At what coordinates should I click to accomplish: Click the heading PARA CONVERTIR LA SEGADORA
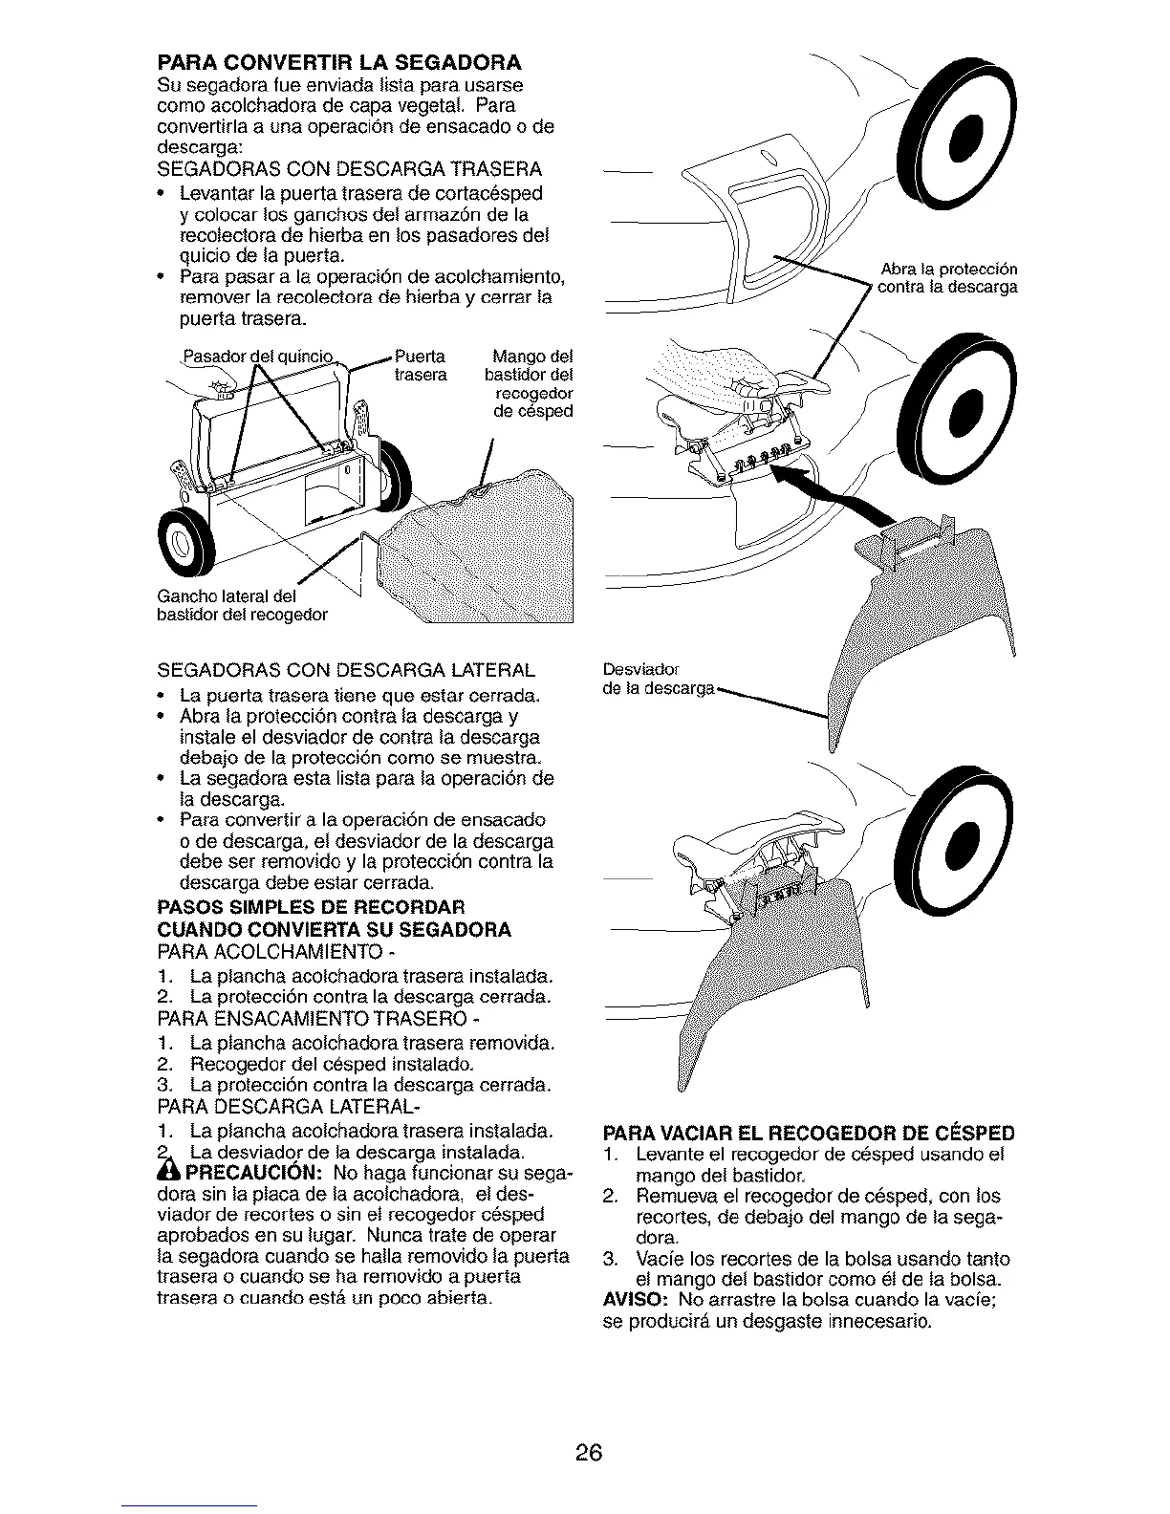(x=338, y=64)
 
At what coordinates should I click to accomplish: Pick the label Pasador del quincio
(x=257, y=359)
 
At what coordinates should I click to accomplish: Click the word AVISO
(x=637, y=1302)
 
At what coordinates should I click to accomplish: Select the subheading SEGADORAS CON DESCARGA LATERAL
(x=345, y=668)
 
